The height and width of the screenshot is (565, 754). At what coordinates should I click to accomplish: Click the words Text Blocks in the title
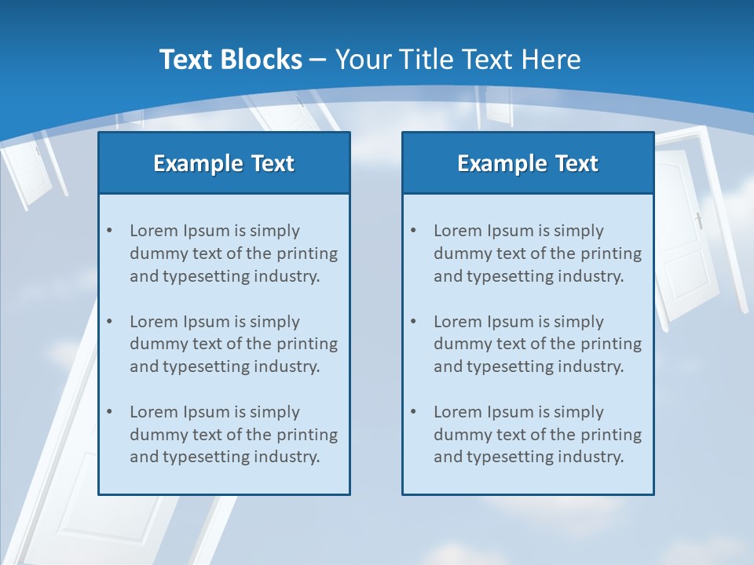(x=230, y=60)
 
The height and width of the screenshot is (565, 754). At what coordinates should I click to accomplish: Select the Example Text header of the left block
(x=224, y=163)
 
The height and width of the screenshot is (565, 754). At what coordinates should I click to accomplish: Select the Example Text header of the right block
(x=528, y=163)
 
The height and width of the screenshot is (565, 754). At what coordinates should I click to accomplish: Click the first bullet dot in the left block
(x=110, y=231)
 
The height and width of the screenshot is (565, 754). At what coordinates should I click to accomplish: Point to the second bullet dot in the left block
(x=110, y=322)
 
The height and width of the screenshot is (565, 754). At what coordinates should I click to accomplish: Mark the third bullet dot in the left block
(x=110, y=412)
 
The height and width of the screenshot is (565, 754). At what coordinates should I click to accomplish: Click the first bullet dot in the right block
(x=414, y=231)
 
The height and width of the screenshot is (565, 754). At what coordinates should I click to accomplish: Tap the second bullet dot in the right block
(x=414, y=322)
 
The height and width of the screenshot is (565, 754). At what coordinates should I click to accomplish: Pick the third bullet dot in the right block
(x=414, y=412)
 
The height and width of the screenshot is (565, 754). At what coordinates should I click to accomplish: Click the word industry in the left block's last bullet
(x=287, y=457)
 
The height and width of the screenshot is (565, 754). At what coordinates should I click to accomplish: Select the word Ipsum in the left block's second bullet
(x=207, y=322)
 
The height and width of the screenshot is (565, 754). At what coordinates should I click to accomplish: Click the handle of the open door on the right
(x=698, y=221)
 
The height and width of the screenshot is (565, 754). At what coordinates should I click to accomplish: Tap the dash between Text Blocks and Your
(x=318, y=60)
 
